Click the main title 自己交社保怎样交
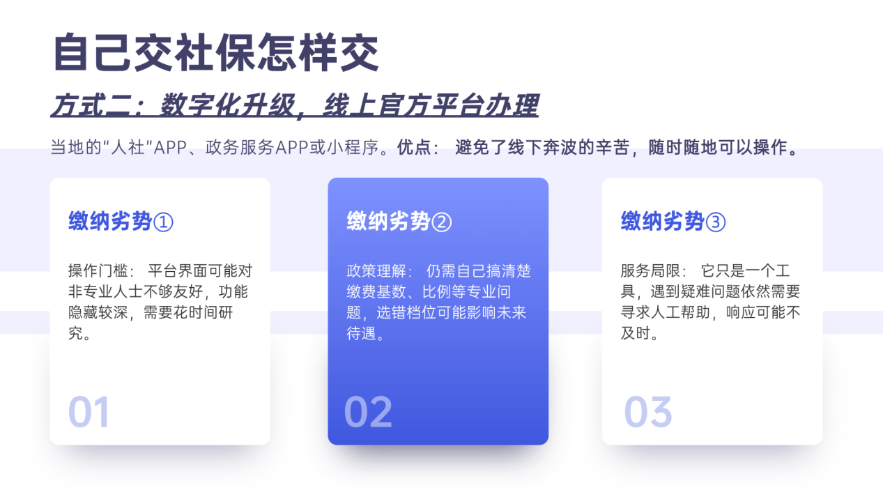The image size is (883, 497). click(216, 52)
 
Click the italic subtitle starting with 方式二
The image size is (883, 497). click(294, 106)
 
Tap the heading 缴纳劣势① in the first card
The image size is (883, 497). click(121, 222)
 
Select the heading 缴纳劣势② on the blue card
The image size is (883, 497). click(399, 222)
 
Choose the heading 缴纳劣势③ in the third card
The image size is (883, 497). click(673, 222)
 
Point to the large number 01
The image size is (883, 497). click(89, 412)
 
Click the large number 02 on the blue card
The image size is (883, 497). click(368, 412)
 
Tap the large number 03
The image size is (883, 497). click(647, 412)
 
